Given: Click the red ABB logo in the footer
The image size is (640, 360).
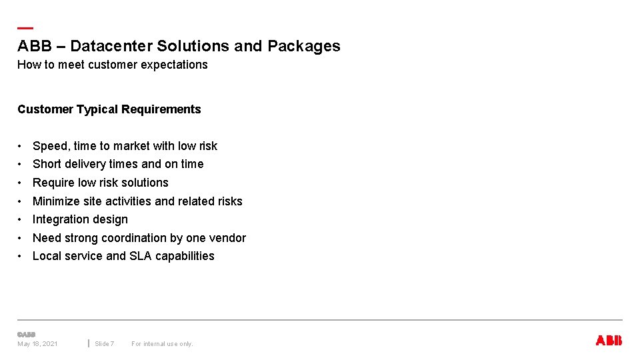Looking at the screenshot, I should tap(608, 341).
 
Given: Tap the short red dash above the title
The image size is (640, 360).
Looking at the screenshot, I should tap(25, 28).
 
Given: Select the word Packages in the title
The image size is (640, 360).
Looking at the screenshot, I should tap(304, 46).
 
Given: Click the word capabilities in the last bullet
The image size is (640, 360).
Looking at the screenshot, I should tap(185, 256).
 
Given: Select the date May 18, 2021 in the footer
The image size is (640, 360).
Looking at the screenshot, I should tap(37, 344).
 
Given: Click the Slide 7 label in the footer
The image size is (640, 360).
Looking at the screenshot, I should tap(104, 344).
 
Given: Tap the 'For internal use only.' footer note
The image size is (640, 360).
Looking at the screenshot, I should tap(162, 344).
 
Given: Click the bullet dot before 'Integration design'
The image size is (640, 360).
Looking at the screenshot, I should tap(22, 219).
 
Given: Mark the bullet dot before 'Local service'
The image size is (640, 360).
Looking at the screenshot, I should tap(22, 256).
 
